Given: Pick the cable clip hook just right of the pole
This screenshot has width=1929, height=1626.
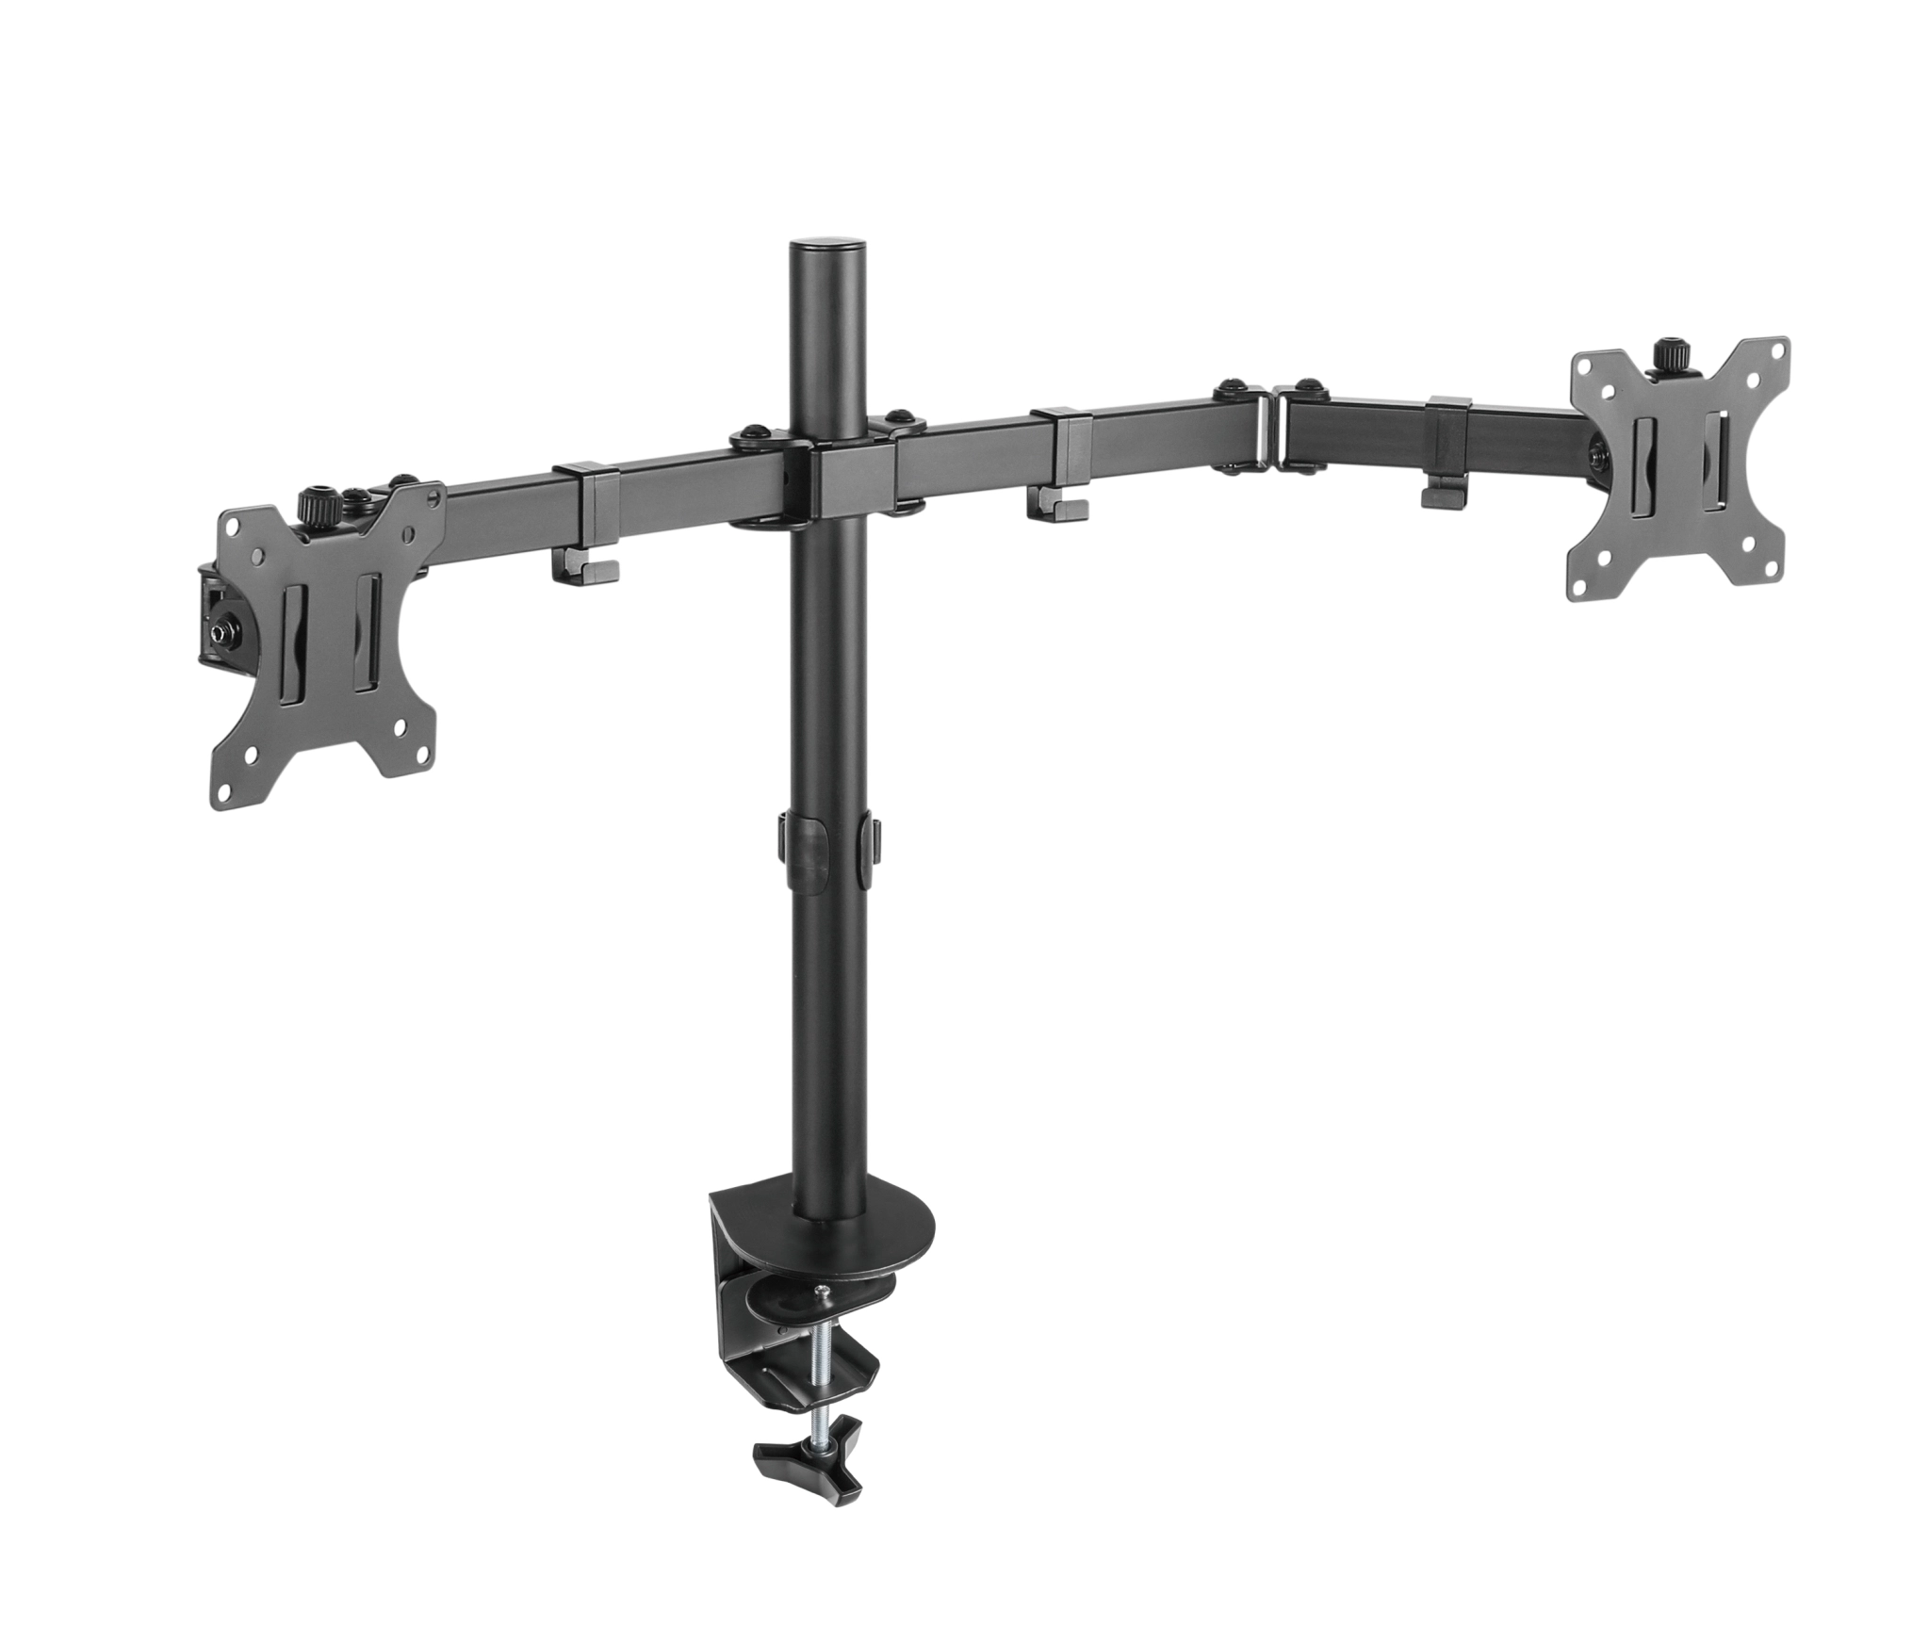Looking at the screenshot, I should pyautogui.click(x=1057, y=506).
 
